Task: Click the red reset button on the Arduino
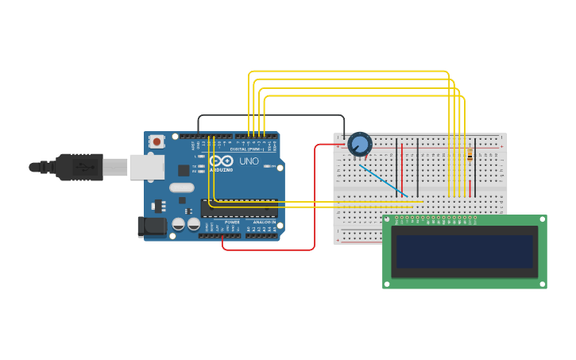coord(157,141)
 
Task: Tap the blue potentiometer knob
coord(360,145)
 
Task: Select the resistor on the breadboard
coord(470,156)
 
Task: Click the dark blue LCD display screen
coord(465,250)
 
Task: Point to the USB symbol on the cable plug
coord(83,167)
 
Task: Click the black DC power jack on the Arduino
coord(152,226)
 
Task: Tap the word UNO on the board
coord(249,161)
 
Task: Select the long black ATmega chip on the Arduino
coord(239,208)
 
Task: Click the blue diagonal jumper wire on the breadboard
coord(383,180)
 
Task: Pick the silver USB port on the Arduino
coord(147,167)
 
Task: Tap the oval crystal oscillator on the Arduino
coord(181,188)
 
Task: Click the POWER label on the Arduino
coord(232,223)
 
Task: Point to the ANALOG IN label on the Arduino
coord(264,223)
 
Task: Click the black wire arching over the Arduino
coord(270,115)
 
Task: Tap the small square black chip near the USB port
coord(184,170)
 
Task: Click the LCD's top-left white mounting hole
coord(387,219)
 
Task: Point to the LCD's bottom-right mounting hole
coord(543,284)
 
